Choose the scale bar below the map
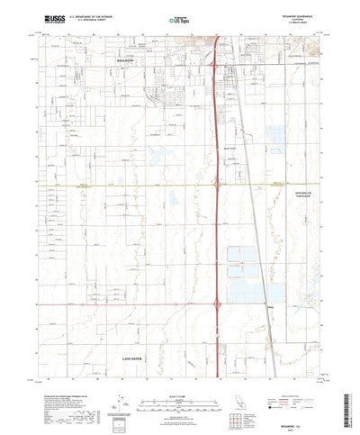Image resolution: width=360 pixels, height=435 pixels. pos(180,378)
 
